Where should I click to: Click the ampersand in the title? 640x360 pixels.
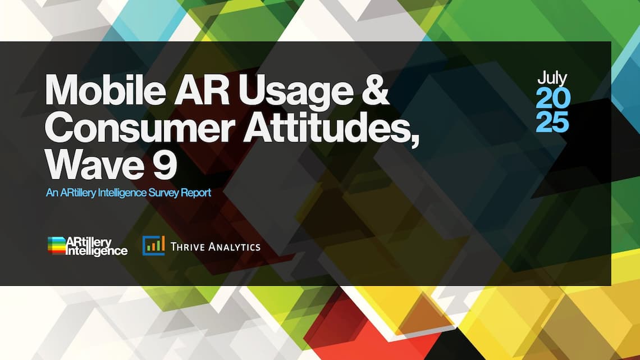click(375, 89)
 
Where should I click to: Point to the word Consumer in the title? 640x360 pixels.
click(140, 126)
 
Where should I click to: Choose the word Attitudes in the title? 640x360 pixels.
click(327, 126)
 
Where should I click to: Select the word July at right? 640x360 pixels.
click(552, 79)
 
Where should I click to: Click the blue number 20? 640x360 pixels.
click(552, 98)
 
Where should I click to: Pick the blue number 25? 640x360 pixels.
click(552, 122)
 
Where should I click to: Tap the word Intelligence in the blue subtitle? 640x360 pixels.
click(122, 193)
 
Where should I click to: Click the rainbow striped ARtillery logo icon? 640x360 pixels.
click(57, 245)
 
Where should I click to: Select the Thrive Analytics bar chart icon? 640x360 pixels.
click(153, 246)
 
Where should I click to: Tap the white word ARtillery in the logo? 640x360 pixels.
click(89, 243)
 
